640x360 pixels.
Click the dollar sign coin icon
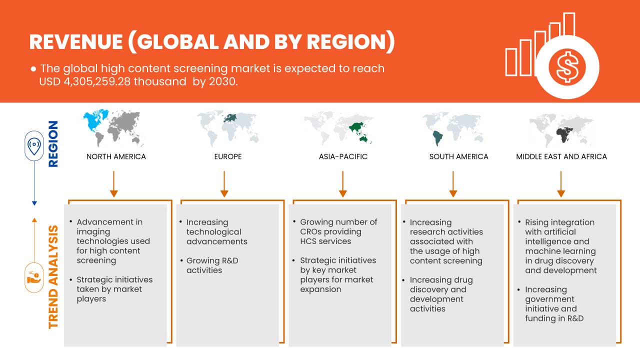(x=567, y=67)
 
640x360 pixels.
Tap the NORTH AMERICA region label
(x=116, y=156)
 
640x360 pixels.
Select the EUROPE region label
(x=228, y=156)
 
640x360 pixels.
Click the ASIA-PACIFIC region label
(x=343, y=156)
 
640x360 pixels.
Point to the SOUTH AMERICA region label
(x=458, y=156)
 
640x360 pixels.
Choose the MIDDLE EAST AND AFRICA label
(x=561, y=156)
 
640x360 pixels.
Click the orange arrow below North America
(x=113, y=184)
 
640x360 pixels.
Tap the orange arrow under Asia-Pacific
(x=342, y=184)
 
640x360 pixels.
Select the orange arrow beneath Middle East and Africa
(x=561, y=184)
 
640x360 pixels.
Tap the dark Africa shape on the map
(x=563, y=135)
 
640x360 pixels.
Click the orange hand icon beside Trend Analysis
(x=34, y=277)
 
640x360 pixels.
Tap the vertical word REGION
(x=53, y=143)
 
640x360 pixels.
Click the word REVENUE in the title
(x=76, y=42)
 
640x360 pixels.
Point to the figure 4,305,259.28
(x=96, y=81)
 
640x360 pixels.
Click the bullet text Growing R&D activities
(x=212, y=265)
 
